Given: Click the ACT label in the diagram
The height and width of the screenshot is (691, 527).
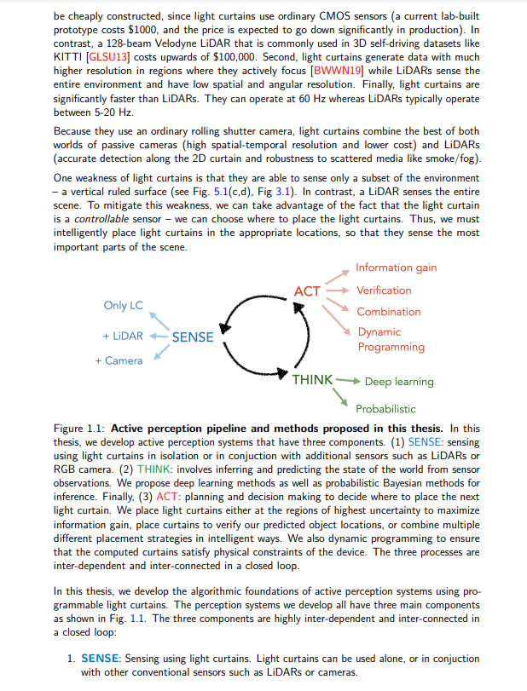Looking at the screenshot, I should pos(307,291).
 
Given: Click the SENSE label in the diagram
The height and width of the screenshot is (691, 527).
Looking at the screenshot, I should pos(193,337).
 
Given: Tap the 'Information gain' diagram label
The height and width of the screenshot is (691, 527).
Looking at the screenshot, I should pos(396,268).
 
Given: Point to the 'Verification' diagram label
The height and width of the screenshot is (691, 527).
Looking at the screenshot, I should pos(384,291).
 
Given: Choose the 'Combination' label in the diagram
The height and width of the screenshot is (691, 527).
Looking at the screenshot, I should pos(388,312).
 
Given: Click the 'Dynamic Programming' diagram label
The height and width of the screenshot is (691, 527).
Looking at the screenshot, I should pos(391,339).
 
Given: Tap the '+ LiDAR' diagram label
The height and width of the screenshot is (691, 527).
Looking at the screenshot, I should pos(123,336).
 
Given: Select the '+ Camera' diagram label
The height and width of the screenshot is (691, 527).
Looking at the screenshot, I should pos(119,360).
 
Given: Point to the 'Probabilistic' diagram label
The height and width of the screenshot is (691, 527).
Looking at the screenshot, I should pos(385,409).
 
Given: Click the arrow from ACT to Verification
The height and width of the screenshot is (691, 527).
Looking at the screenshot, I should pos(338,291).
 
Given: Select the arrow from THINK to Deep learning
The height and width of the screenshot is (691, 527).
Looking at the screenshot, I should pos(348,380).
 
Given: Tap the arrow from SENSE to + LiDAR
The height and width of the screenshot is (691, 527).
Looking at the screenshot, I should pos(158,336).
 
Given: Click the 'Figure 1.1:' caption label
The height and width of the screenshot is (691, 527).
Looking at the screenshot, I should pos(80,428).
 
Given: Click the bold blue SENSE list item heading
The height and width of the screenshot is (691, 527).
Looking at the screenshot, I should pos(100,659).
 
